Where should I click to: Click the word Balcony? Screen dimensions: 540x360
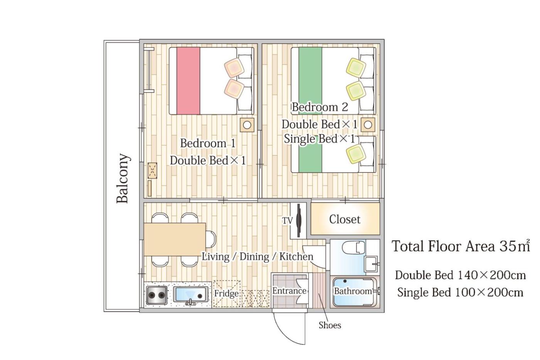tap(123, 178)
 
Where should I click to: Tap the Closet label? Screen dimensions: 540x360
tap(345, 219)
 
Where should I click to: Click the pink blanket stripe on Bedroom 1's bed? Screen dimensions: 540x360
tap(188, 81)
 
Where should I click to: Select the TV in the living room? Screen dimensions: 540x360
tap(299, 221)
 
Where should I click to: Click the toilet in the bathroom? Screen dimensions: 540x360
tap(353, 247)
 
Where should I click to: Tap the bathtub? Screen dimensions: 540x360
tap(354, 292)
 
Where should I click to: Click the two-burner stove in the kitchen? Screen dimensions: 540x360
tap(157, 295)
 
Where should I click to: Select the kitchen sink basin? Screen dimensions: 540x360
tap(191, 294)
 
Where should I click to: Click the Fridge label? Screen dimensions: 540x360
tap(226, 294)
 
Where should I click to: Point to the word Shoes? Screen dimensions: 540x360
tap(330, 325)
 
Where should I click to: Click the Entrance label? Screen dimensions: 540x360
tap(289, 291)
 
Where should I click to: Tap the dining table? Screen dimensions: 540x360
tap(175, 239)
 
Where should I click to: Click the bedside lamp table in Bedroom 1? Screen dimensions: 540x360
tap(247, 125)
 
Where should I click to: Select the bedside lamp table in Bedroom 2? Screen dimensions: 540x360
tap(368, 125)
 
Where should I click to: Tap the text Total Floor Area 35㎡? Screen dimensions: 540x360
tap(461, 246)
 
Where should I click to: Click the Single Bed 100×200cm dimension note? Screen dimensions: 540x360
tap(460, 292)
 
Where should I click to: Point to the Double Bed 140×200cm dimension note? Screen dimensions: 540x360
tap(460, 275)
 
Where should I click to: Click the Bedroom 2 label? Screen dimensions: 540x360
tap(320, 107)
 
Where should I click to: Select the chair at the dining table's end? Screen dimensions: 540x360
tap(211, 239)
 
